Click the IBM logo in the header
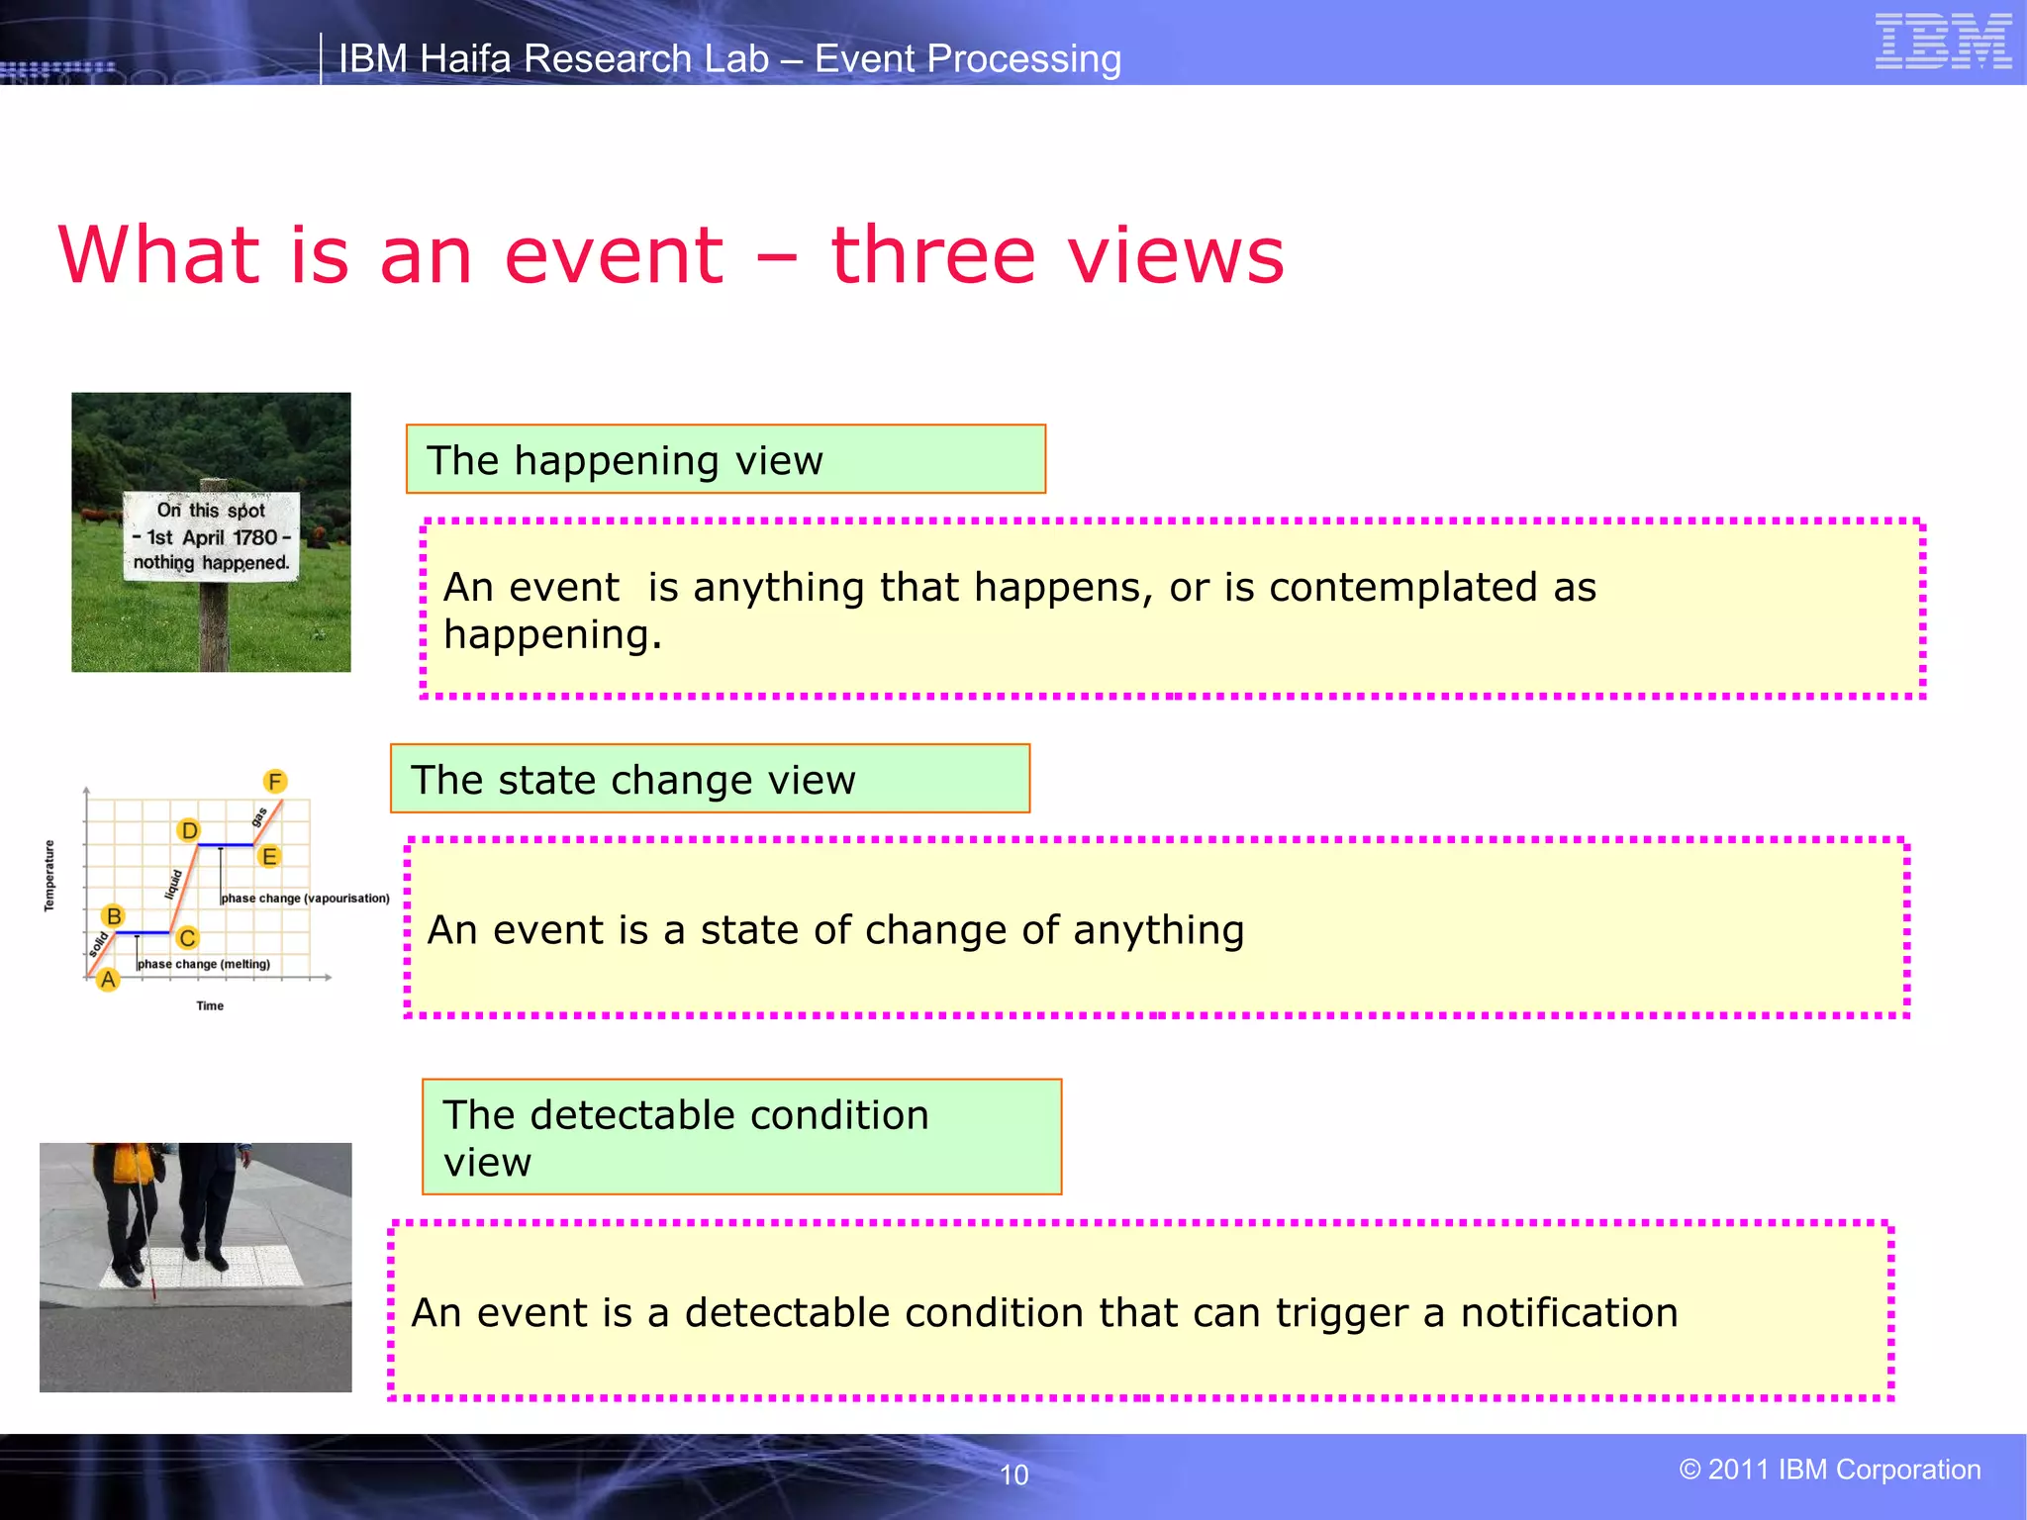tap(1943, 42)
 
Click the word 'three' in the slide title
tap(932, 255)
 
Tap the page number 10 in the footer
tap(1013, 1474)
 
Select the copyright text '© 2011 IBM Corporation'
tap(1829, 1470)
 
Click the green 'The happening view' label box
tap(724, 460)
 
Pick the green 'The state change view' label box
tap(709, 780)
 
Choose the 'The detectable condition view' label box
tap(740, 1137)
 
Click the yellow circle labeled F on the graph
tap(275, 782)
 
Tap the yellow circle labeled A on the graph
tap(108, 980)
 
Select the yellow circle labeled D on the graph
tap(189, 830)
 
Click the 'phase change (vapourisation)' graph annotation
tap(305, 899)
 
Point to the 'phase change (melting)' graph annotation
tap(204, 964)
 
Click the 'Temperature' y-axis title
tap(49, 876)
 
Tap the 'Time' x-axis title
tap(210, 1005)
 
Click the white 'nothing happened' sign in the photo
tap(211, 535)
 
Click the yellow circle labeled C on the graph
tap(187, 937)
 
